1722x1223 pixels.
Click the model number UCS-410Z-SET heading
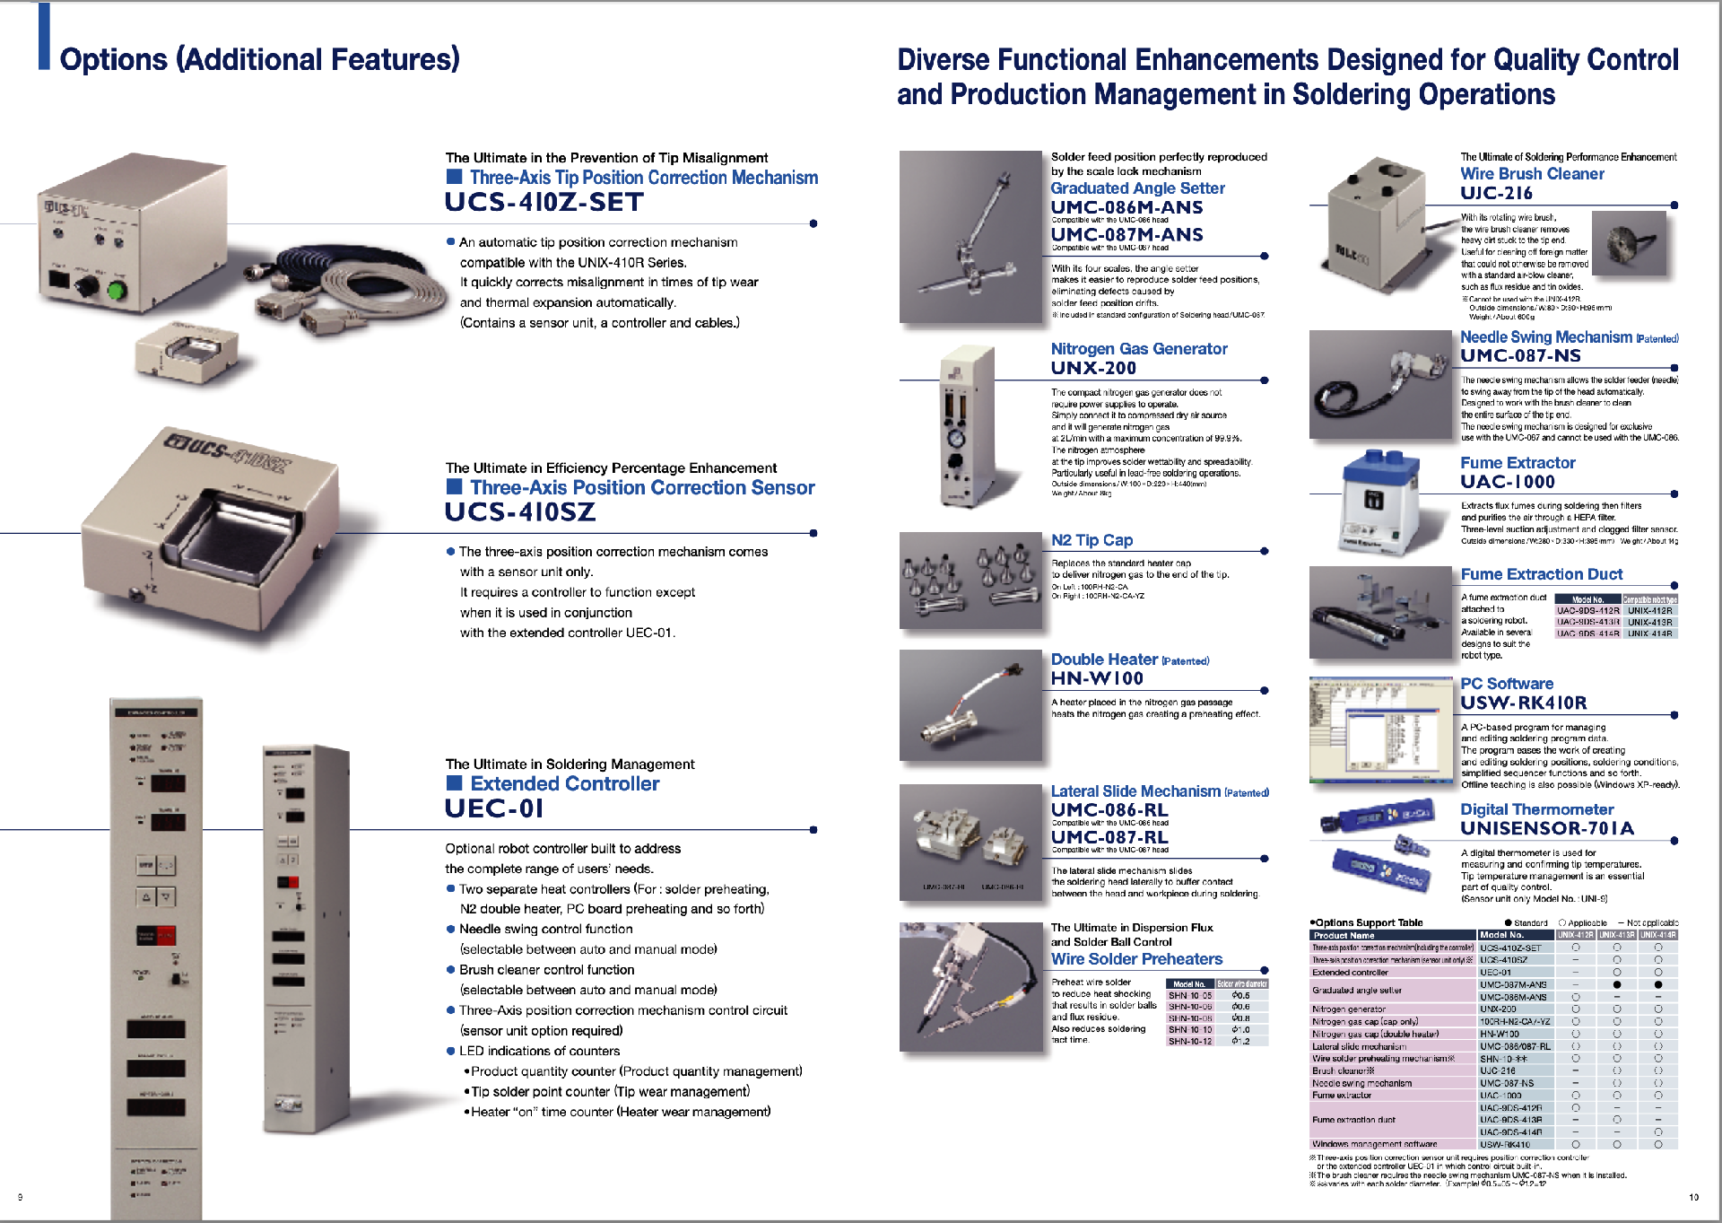click(544, 203)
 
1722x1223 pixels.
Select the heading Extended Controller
click(564, 784)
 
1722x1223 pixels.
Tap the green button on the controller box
click(117, 291)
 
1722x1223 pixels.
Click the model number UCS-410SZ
click(519, 512)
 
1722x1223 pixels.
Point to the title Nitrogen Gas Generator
click(1138, 349)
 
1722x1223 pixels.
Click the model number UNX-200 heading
click(1092, 368)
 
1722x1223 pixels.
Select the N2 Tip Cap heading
click(1091, 540)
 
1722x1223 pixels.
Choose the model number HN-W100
click(1096, 679)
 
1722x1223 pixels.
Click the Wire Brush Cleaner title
click(1531, 174)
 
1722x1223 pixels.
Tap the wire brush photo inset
click(1630, 244)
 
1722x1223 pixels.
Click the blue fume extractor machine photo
click(1378, 502)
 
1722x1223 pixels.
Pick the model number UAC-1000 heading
click(1507, 482)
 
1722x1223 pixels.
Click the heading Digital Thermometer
click(1536, 809)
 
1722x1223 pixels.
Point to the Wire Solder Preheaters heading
click(1135, 959)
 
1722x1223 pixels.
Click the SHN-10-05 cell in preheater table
click(1189, 995)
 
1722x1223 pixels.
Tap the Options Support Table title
click(1368, 922)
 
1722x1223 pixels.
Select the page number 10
click(1693, 1197)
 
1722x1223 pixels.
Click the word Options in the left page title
click(113, 60)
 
